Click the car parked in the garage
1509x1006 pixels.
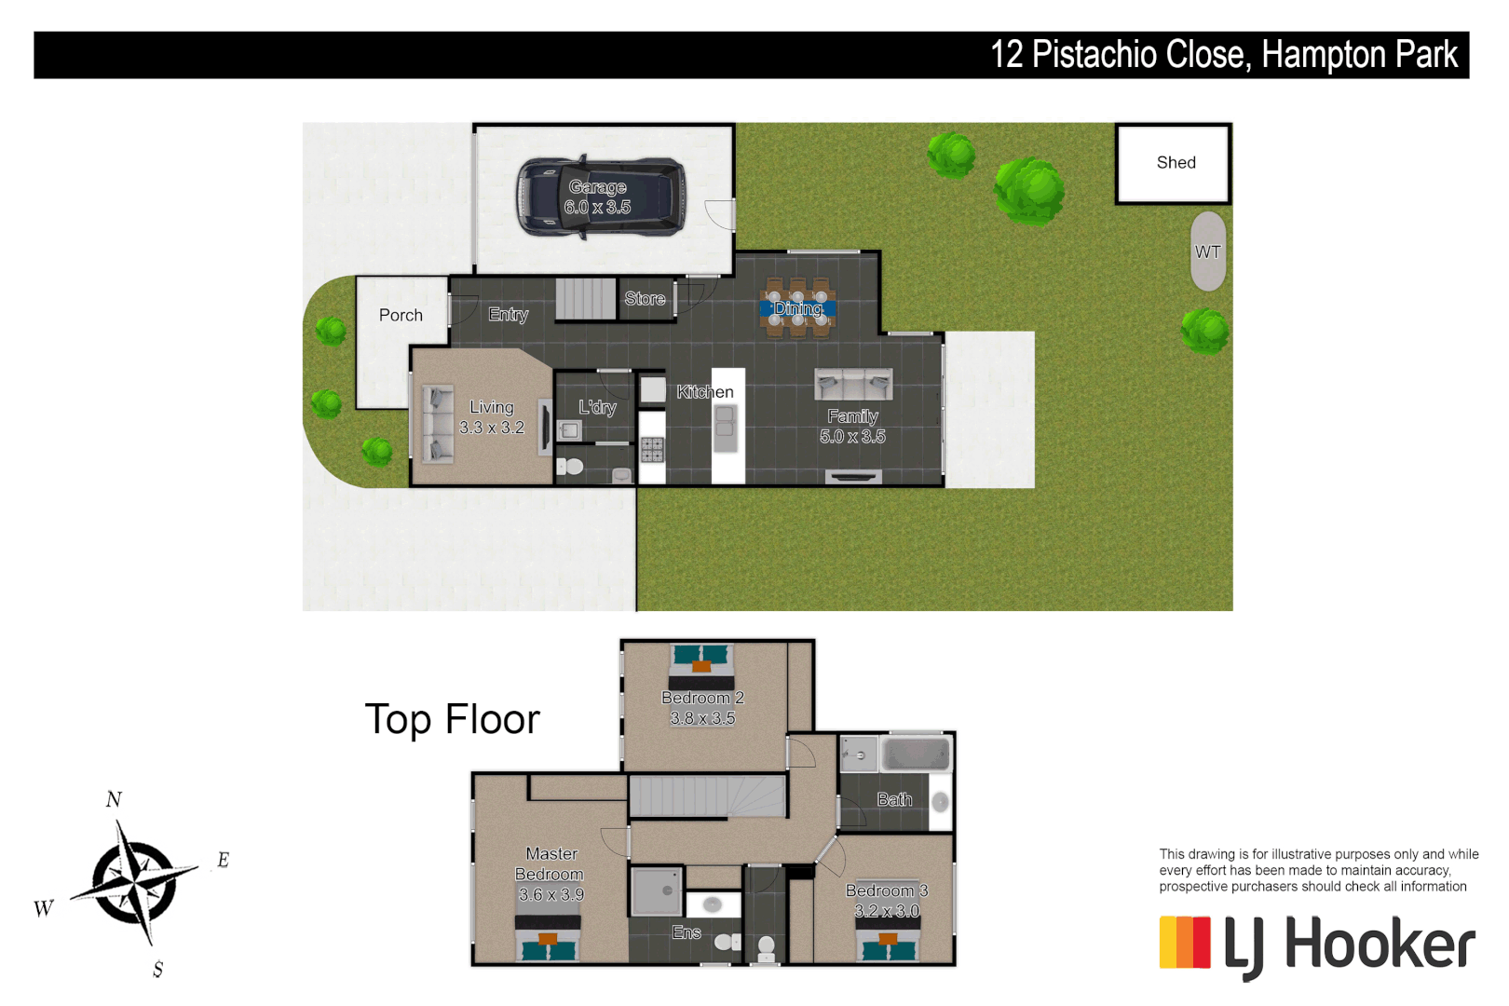pos(601,197)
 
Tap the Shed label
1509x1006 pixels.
pos(1176,163)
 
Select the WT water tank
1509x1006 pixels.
pos(1207,251)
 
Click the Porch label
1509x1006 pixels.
pos(401,316)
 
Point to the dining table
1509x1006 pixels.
pos(797,308)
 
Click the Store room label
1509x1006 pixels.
pos(645,299)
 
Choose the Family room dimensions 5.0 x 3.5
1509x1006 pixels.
pos(852,437)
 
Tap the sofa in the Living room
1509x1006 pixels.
pos(437,424)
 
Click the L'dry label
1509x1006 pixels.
pos(597,407)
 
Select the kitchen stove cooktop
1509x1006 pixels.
pos(652,450)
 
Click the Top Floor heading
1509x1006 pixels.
pos(452,720)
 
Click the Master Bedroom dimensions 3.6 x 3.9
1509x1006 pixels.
pos(551,895)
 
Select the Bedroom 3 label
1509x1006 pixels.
pos(886,890)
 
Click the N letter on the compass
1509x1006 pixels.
pos(114,799)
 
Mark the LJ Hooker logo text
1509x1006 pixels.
pos(1349,945)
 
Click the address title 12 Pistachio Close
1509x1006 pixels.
pos(1119,55)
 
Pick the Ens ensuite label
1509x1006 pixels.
pos(687,932)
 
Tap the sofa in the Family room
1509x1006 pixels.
pos(853,383)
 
